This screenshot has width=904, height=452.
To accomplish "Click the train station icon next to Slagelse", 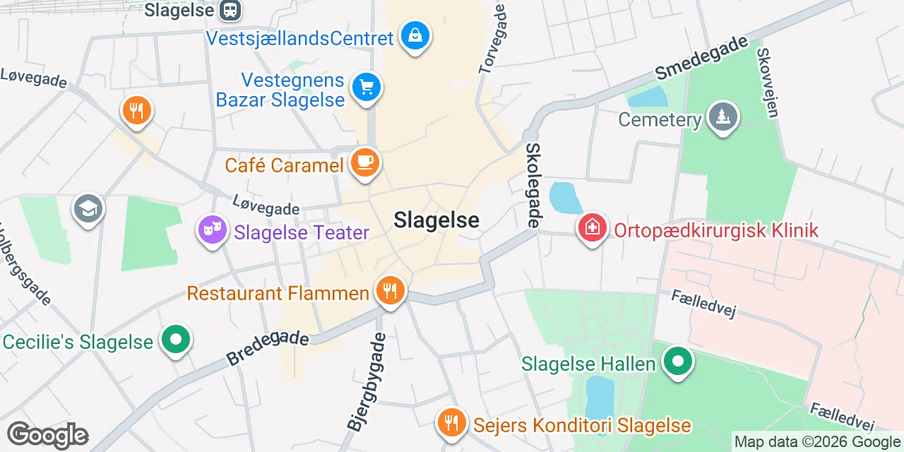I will point(230,10).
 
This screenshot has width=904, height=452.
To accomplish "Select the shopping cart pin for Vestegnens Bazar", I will point(366,88).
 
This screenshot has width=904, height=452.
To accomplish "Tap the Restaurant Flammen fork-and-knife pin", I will point(389,290).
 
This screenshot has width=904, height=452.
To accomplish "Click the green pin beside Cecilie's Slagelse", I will point(175,340).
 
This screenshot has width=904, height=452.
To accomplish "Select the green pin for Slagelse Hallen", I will point(678,362).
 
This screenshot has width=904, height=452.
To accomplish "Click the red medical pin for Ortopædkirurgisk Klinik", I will point(592,228).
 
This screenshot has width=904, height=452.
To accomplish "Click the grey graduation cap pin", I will point(88,208).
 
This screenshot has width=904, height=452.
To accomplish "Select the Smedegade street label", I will point(701,57).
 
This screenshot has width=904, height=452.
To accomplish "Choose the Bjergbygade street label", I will point(367,381).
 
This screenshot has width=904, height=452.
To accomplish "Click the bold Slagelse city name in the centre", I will point(436,220).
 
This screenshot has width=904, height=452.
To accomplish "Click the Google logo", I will point(47,435).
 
